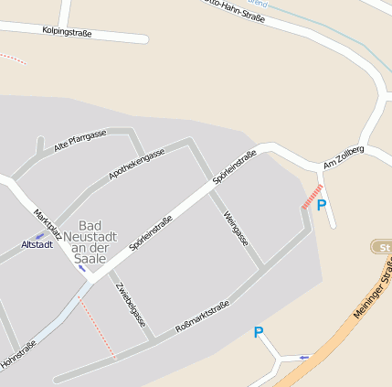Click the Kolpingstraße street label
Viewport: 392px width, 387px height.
pyautogui.click(x=67, y=31)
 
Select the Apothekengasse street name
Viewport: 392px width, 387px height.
pyautogui.click(x=136, y=164)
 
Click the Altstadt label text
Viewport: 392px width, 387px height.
pyautogui.click(x=37, y=245)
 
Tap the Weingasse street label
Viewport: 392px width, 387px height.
pyautogui.click(x=236, y=228)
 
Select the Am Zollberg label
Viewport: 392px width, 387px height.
pyautogui.click(x=344, y=156)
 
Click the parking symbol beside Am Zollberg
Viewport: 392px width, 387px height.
pyautogui.click(x=322, y=206)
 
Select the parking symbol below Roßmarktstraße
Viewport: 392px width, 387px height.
pyautogui.click(x=259, y=333)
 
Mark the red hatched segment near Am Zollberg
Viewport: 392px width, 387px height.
pyautogui.click(x=313, y=196)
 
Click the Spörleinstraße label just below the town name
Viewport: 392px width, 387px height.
pyautogui.click(x=151, y=233)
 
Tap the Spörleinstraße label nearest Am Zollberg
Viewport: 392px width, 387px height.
pyautogui.click(x=234, y=167)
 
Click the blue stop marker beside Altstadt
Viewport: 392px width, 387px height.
pyautogui.click(x=39, y=235)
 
